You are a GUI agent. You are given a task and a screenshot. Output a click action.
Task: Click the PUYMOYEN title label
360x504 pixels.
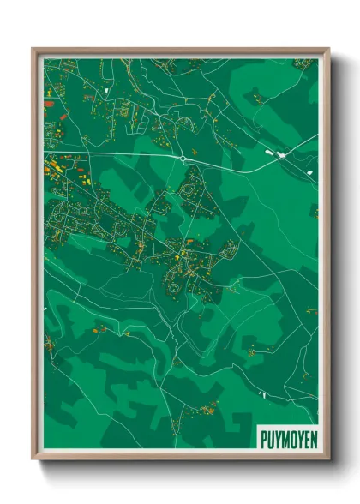point(287,440)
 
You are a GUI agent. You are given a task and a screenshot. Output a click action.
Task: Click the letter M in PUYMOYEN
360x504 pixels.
point(285,440)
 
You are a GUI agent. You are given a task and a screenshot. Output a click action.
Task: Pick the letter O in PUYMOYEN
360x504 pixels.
point(292,440)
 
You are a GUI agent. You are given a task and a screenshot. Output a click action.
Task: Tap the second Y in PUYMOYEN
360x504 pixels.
point(299,440)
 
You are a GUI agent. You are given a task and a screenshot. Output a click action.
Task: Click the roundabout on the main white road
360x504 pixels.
point(184,159)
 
